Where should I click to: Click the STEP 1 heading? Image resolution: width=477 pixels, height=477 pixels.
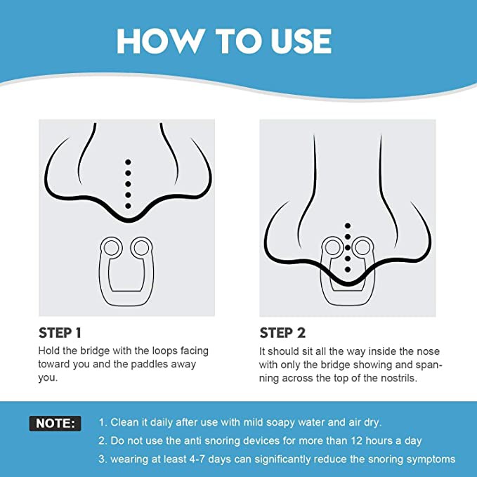60,333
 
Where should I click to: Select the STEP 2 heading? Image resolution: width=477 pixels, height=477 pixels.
282,333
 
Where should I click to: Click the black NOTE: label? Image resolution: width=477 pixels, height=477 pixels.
55,424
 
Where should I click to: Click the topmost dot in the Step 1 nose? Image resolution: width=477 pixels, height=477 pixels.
128,162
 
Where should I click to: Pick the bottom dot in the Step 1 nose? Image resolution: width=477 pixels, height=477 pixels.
128,206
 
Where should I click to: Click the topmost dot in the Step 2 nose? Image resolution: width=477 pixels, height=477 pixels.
348,226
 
